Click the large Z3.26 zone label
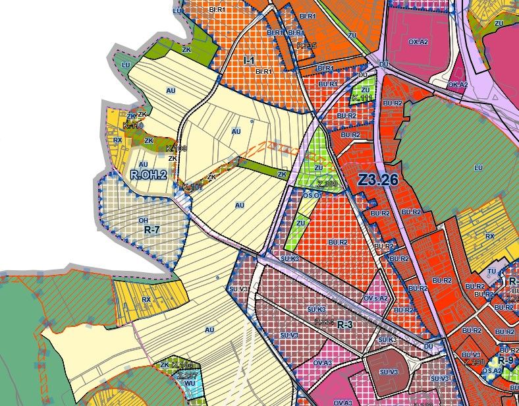point(375,179)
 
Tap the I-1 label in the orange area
point(249,61)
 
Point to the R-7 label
point(152,230)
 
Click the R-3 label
point(345,326)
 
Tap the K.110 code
point(132,125)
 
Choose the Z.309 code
point(327,185)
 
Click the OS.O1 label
point(312,196)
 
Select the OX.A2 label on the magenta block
point(418,41)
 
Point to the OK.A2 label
point(458,84)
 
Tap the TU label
point(491,272)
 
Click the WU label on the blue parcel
point(190,382)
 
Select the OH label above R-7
point(143,220)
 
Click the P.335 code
point(307,45)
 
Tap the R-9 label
point(505,361)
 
